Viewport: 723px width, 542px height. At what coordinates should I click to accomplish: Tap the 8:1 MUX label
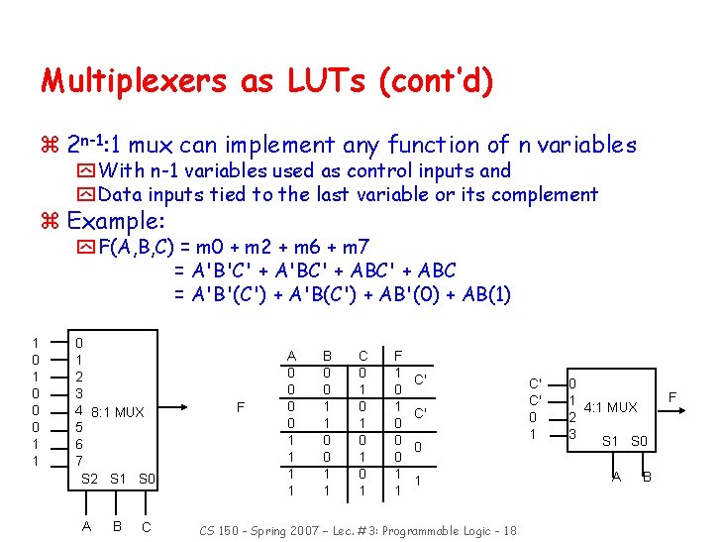coord(117,412)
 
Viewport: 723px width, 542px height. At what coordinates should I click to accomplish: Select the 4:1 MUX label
coord(609,406)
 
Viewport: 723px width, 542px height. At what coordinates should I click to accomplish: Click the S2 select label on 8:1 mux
coord(89,480)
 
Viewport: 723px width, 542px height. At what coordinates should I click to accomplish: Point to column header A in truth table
coord(291,356)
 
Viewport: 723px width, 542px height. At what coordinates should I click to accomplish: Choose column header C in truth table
coord(363,356)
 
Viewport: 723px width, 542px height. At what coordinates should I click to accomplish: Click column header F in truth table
coord(398,356)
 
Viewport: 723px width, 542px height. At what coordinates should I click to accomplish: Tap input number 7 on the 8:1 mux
coord(80,462)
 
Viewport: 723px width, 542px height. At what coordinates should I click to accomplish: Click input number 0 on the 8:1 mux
coord(80,342)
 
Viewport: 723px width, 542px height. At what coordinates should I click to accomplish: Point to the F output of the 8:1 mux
coord(241,407)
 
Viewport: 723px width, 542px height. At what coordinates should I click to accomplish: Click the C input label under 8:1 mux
coord(146,527)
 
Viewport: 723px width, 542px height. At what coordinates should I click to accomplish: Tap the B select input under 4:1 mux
coord(647,477)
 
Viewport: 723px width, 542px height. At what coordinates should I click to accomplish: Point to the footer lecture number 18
coord(509,531)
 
